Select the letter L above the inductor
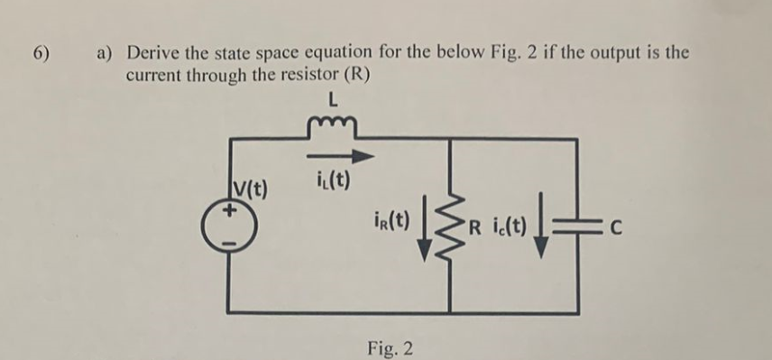click(335, 102)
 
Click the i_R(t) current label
click(392, 220)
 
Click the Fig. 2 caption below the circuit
click(391, 346)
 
